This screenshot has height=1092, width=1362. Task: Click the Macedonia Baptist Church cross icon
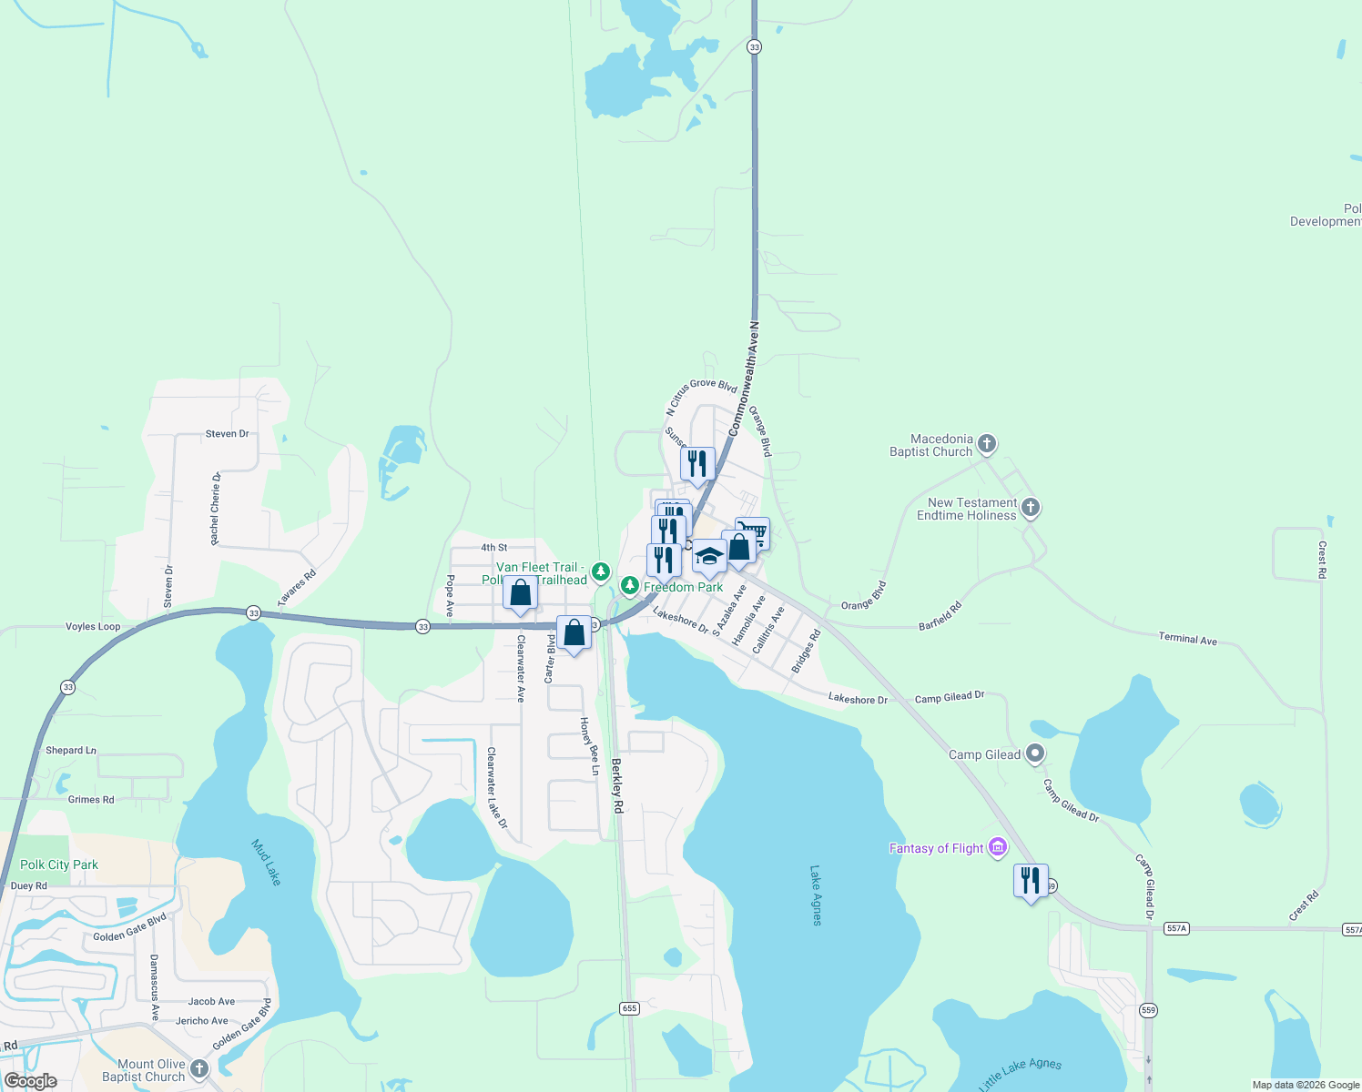987,445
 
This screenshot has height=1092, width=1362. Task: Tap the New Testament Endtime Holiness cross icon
1030,508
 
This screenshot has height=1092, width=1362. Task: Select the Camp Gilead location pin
1034,753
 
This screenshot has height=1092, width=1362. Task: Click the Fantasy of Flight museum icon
998,848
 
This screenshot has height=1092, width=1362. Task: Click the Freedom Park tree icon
629,585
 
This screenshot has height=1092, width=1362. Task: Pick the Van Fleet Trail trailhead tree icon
600,571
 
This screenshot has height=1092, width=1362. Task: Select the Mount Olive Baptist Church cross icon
198,1069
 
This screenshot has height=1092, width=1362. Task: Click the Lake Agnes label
816,895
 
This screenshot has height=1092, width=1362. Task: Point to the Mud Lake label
266,862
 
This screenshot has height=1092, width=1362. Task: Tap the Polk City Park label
59,864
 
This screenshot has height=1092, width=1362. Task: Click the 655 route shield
629,1008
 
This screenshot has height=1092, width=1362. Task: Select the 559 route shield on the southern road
1149,1010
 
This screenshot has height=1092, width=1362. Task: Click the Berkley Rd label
617,785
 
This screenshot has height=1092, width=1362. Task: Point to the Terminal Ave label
1187,639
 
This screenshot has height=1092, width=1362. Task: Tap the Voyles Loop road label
93,627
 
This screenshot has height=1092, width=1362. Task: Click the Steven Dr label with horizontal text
227,434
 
